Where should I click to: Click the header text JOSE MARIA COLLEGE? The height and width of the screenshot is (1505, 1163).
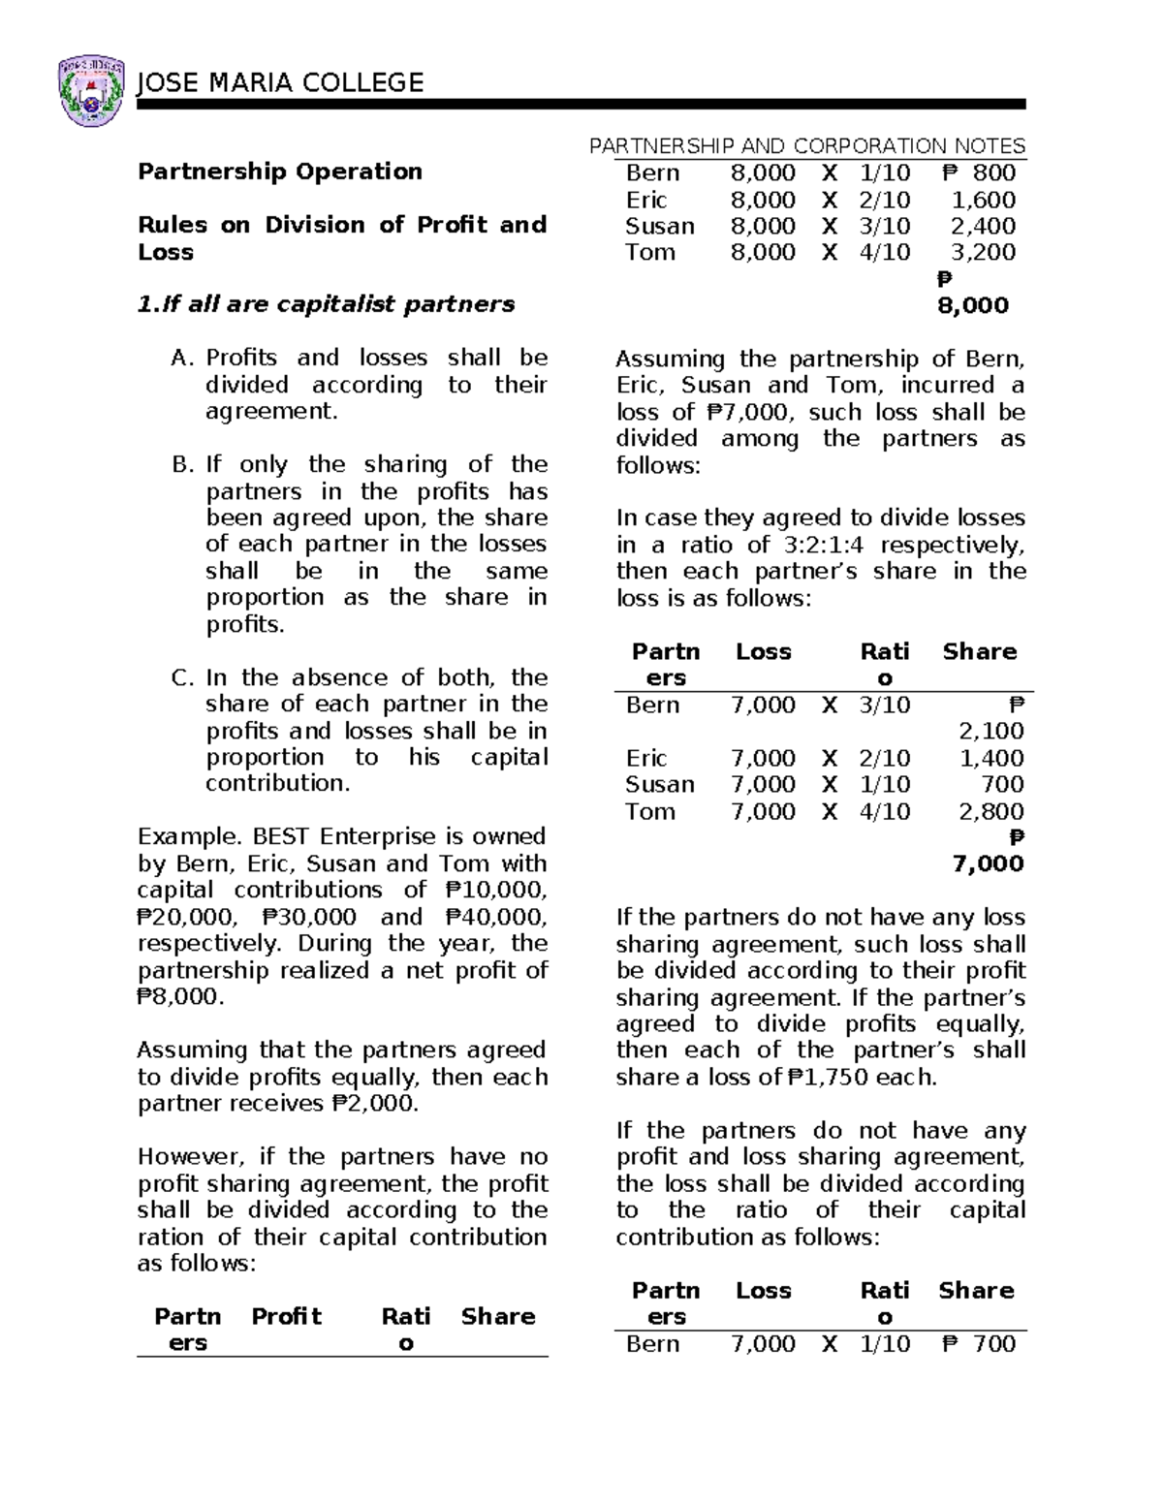281,83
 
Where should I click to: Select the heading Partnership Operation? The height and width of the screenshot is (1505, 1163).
279,172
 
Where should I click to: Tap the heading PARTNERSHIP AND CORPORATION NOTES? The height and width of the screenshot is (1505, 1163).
807,146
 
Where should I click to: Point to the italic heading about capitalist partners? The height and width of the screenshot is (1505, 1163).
327,304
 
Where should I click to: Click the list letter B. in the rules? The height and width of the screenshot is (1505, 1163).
184,464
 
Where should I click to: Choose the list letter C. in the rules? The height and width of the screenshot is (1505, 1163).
184,677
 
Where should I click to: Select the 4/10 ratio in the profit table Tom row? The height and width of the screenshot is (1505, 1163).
884,253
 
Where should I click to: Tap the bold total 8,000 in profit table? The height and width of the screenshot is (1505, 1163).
972,305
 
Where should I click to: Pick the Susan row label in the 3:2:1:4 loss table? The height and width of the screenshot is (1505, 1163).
659,784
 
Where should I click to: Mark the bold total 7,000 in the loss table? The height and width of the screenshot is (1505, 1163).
988,863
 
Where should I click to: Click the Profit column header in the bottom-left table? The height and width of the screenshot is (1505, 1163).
286,1316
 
